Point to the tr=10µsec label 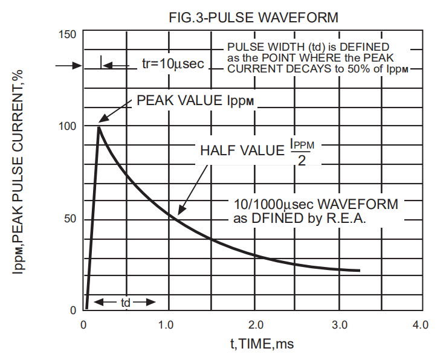tap(173, 63)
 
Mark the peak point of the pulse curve tap(99, 126)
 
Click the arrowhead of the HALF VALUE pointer tap(179, 213)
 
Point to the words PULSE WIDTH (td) tap(267, 47)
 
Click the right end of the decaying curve tap(359, 270)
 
